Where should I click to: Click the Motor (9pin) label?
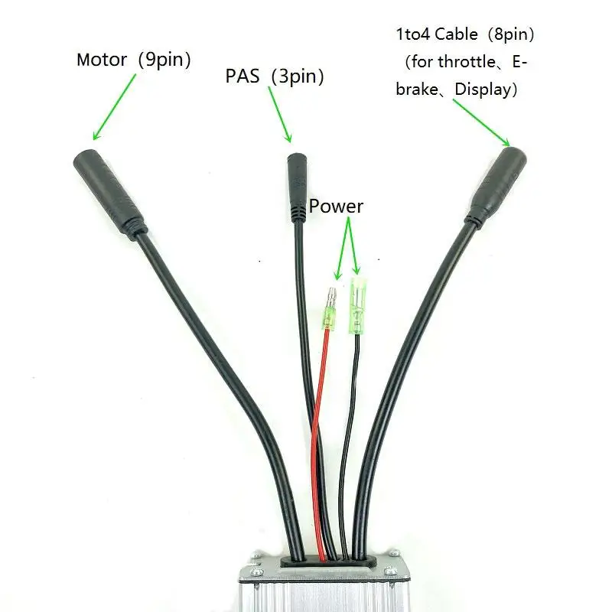tap(133, 60)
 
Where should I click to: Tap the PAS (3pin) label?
tap(274, 76)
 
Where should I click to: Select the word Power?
tap(336, 207)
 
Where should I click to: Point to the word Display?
tap(487, 89)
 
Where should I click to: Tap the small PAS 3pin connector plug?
tap(298, 187)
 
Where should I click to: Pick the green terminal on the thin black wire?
tap(357, 306)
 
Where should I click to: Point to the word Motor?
tap(102, 60)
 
